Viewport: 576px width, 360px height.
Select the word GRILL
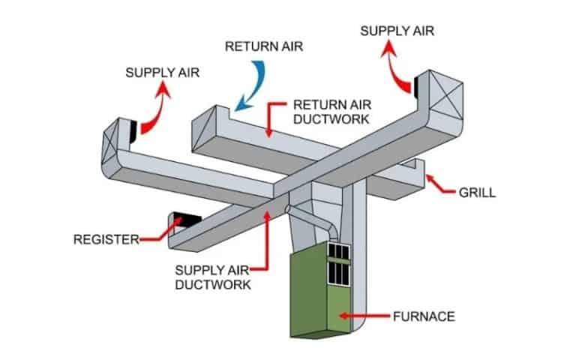(477, 193)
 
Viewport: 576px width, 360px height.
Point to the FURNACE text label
(424, 316)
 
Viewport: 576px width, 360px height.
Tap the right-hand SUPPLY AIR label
(397, 31)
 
